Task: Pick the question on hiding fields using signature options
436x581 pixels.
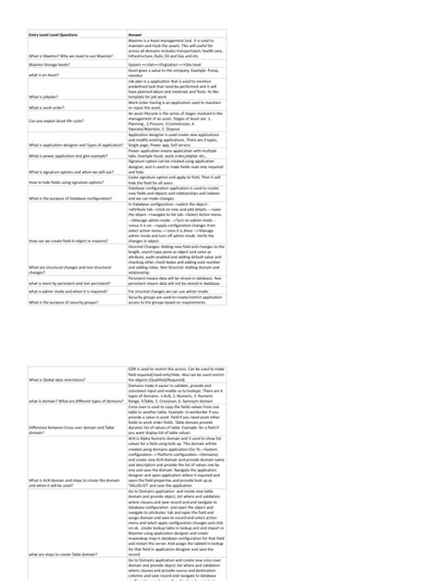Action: pyautogui.click(x=64, y=183)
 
